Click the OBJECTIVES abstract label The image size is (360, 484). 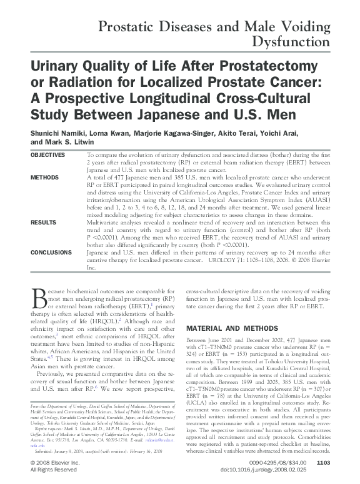click(47, 154)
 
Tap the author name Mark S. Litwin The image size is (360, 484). click(67, 142)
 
